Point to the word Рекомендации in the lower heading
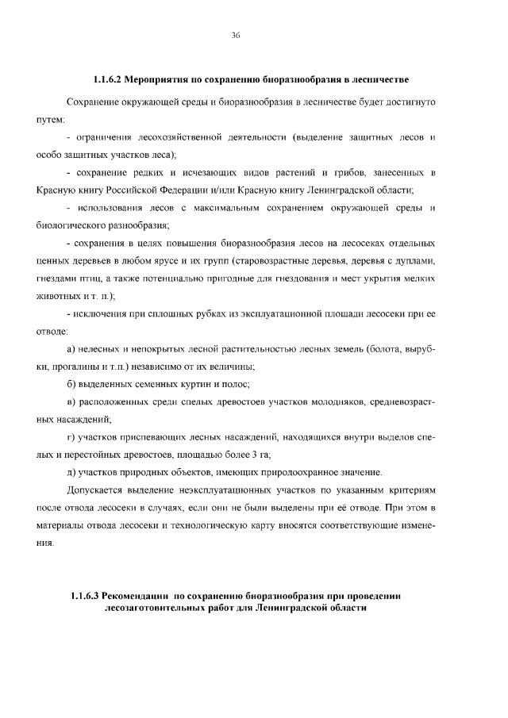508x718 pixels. pyautogui.click(x=139, y=596)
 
